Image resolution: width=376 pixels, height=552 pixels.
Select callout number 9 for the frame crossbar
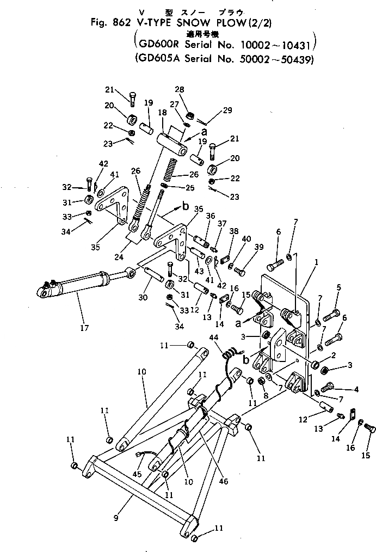(116, 518)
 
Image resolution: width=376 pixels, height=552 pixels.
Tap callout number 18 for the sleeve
(162, 112)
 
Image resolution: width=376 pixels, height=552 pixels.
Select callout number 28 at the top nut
(180, 89)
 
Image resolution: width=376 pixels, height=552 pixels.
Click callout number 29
(227, 110)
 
